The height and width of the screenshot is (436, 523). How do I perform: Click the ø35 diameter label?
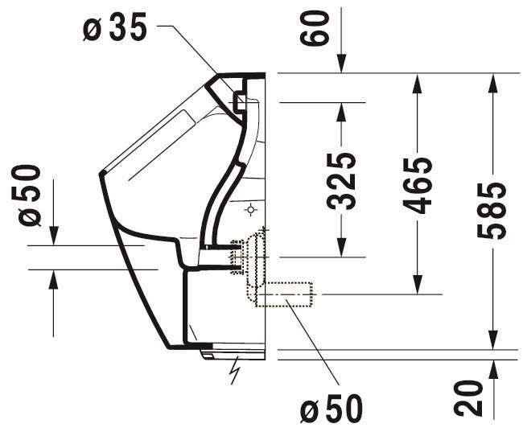[x=115, y=28]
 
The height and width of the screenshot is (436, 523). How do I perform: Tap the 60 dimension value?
[x=315, y=27]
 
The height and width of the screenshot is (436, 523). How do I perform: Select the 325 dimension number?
[x=341, y=181]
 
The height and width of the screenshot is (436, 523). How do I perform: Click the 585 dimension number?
[x=492, y=211]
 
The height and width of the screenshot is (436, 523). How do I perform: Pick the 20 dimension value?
[x=468, y=399]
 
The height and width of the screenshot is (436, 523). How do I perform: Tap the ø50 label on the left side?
[x=30, y=195]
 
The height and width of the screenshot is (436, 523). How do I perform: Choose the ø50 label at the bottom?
[x=331, y=409]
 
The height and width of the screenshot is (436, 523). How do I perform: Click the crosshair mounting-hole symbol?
[x=250, y=210]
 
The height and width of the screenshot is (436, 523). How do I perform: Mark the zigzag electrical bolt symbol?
[x=236, y=370]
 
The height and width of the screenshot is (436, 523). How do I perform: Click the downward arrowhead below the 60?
[x=341, y=64]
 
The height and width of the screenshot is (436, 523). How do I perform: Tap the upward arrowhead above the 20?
[x=493, y=369]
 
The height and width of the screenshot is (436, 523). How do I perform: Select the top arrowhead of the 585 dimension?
[x=493, y=82]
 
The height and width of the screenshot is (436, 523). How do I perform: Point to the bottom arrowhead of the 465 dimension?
[x=418, y=285]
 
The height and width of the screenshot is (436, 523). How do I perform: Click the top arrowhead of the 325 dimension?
[x=341, y=112]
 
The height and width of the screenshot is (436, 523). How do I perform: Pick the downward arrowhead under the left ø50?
[x=53, y=236]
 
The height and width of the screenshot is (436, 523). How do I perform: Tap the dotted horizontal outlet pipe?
[x=284, y=294]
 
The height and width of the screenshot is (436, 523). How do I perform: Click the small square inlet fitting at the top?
[x=241, y=101]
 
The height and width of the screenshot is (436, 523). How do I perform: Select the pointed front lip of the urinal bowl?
[x=102, y=172]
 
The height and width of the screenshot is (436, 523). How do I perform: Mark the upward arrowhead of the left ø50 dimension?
[x=53, y=279]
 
